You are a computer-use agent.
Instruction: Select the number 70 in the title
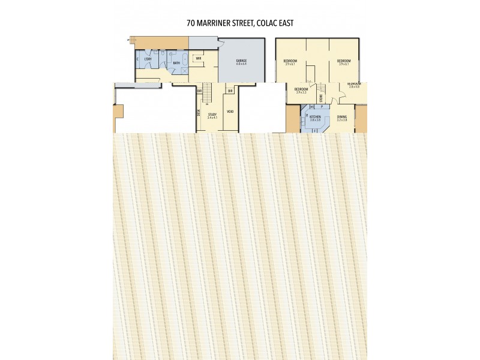[191, 23]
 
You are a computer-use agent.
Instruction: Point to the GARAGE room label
[241, 61]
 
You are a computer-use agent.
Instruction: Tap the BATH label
[176, 62]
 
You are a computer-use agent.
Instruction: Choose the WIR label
[198, 58]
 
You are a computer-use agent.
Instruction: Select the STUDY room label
[212, 114]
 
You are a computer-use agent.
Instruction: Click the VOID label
[230, 112]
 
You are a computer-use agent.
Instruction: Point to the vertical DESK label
[199, 111]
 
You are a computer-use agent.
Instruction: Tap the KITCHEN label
[316, 116]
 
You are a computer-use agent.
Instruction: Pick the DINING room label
[341, 116]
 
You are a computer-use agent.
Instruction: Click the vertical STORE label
[322, 97]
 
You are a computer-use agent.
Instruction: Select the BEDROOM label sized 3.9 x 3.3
[301, 89]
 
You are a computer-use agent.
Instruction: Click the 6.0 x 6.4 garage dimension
[241, 64]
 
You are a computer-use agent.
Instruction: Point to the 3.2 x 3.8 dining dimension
[341, 120]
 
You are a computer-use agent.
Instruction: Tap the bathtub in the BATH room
[184, 59]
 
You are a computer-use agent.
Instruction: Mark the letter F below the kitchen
[314, 130]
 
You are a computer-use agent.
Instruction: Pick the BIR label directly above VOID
[230, 91]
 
